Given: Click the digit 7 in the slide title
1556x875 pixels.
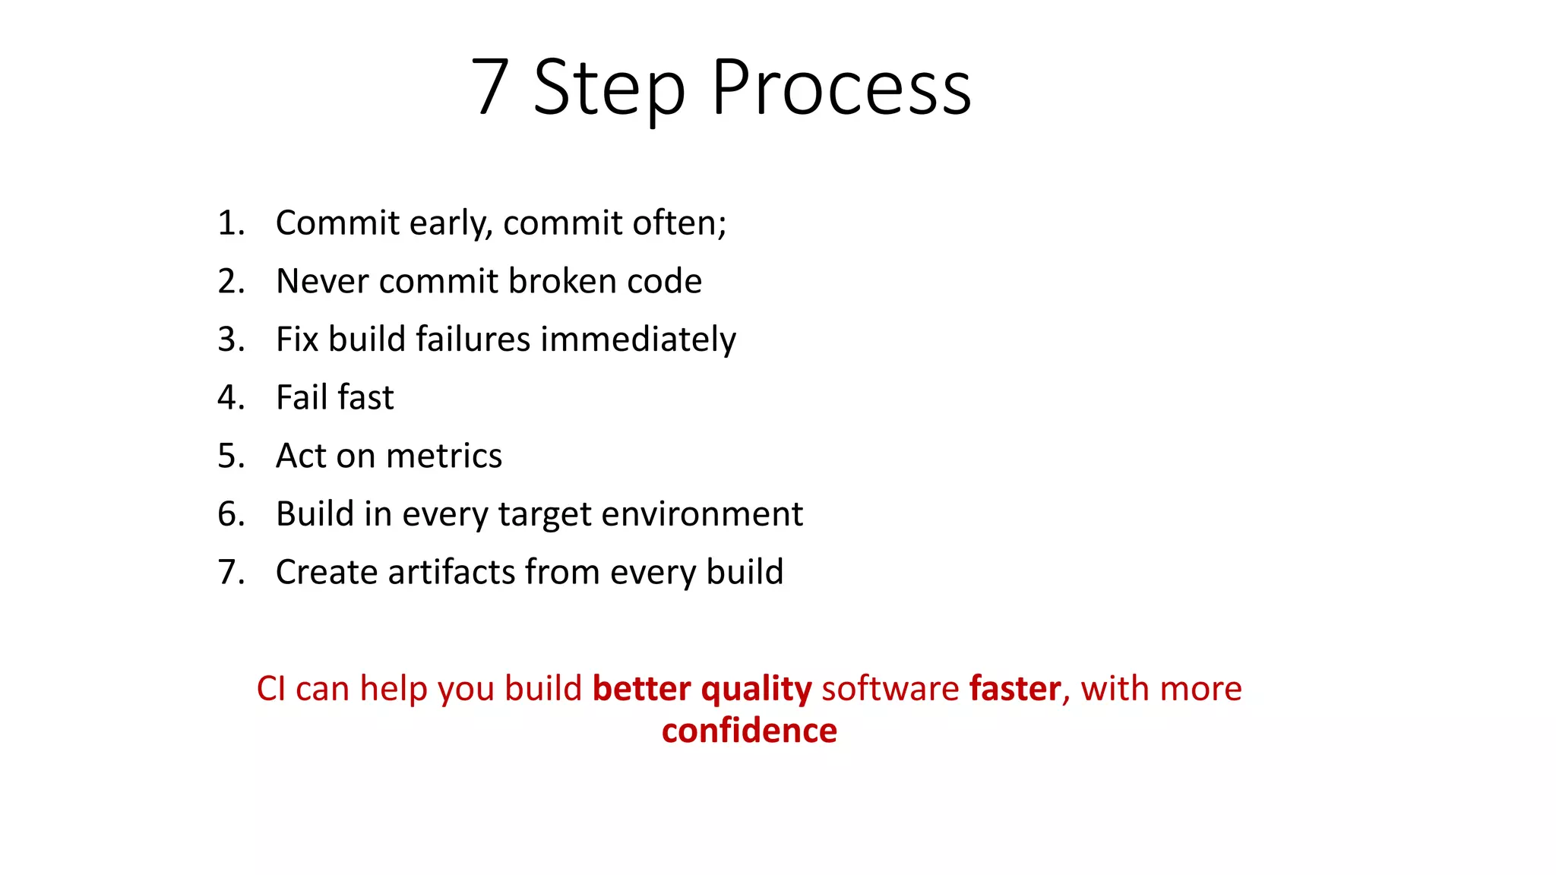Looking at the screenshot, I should (490, 88).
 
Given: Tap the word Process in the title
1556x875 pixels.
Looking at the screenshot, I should (841, 88).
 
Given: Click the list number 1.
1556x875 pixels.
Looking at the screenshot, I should (229, 223).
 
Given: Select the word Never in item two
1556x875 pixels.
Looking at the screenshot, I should (322, 282).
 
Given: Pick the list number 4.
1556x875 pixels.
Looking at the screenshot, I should (229, 398).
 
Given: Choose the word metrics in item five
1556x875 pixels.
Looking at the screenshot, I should (444, 456).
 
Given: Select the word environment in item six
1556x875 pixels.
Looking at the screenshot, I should (702, 514).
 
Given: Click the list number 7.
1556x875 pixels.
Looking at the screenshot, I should (229, 573).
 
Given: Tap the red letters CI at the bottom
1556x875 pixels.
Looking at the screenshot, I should (271, 689).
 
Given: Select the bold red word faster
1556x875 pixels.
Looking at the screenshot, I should (1015, 689).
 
